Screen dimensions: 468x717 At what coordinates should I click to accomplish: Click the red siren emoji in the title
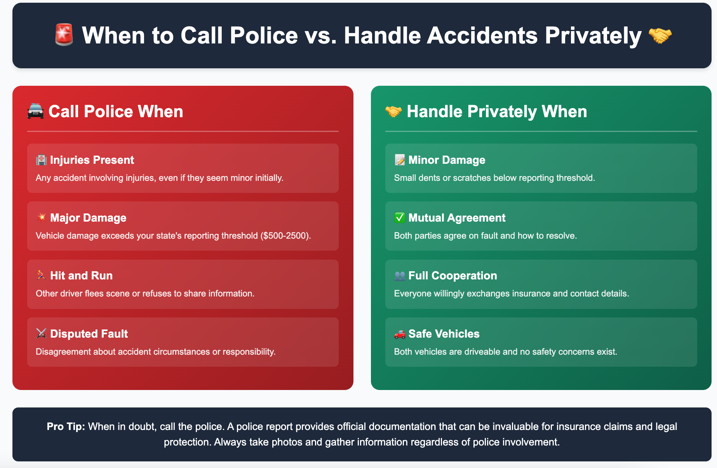[64, 35]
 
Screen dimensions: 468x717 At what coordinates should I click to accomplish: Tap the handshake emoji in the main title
[660, 36]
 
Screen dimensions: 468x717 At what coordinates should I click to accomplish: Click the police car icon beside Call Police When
[35, 112]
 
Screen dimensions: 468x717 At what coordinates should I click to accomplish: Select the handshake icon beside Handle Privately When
[393, 112]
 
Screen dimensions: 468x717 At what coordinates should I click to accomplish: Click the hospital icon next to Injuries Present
[41, 160]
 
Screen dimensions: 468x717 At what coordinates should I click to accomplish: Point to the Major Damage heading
[88, 218]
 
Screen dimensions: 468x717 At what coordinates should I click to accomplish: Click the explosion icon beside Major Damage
[41, 217]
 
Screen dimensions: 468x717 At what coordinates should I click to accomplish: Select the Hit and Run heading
[81, 276]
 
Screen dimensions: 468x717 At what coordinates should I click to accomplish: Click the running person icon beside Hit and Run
[41, 276]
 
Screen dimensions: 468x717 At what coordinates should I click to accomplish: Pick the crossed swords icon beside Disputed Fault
[41, 334]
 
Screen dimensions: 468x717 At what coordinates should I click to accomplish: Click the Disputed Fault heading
[89, 334]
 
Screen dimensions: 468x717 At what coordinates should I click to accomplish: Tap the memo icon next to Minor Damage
[400, 160]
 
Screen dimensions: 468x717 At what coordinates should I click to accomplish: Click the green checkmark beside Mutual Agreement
[400, 218]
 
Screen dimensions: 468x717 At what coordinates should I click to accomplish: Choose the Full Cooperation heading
[452, 276]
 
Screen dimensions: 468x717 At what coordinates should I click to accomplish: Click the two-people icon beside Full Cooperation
[400, 276]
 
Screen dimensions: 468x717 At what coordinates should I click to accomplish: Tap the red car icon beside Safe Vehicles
[400, 334]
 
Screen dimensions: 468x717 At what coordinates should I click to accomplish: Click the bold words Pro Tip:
[66, 426]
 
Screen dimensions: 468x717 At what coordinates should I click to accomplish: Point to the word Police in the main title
[264, 36]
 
